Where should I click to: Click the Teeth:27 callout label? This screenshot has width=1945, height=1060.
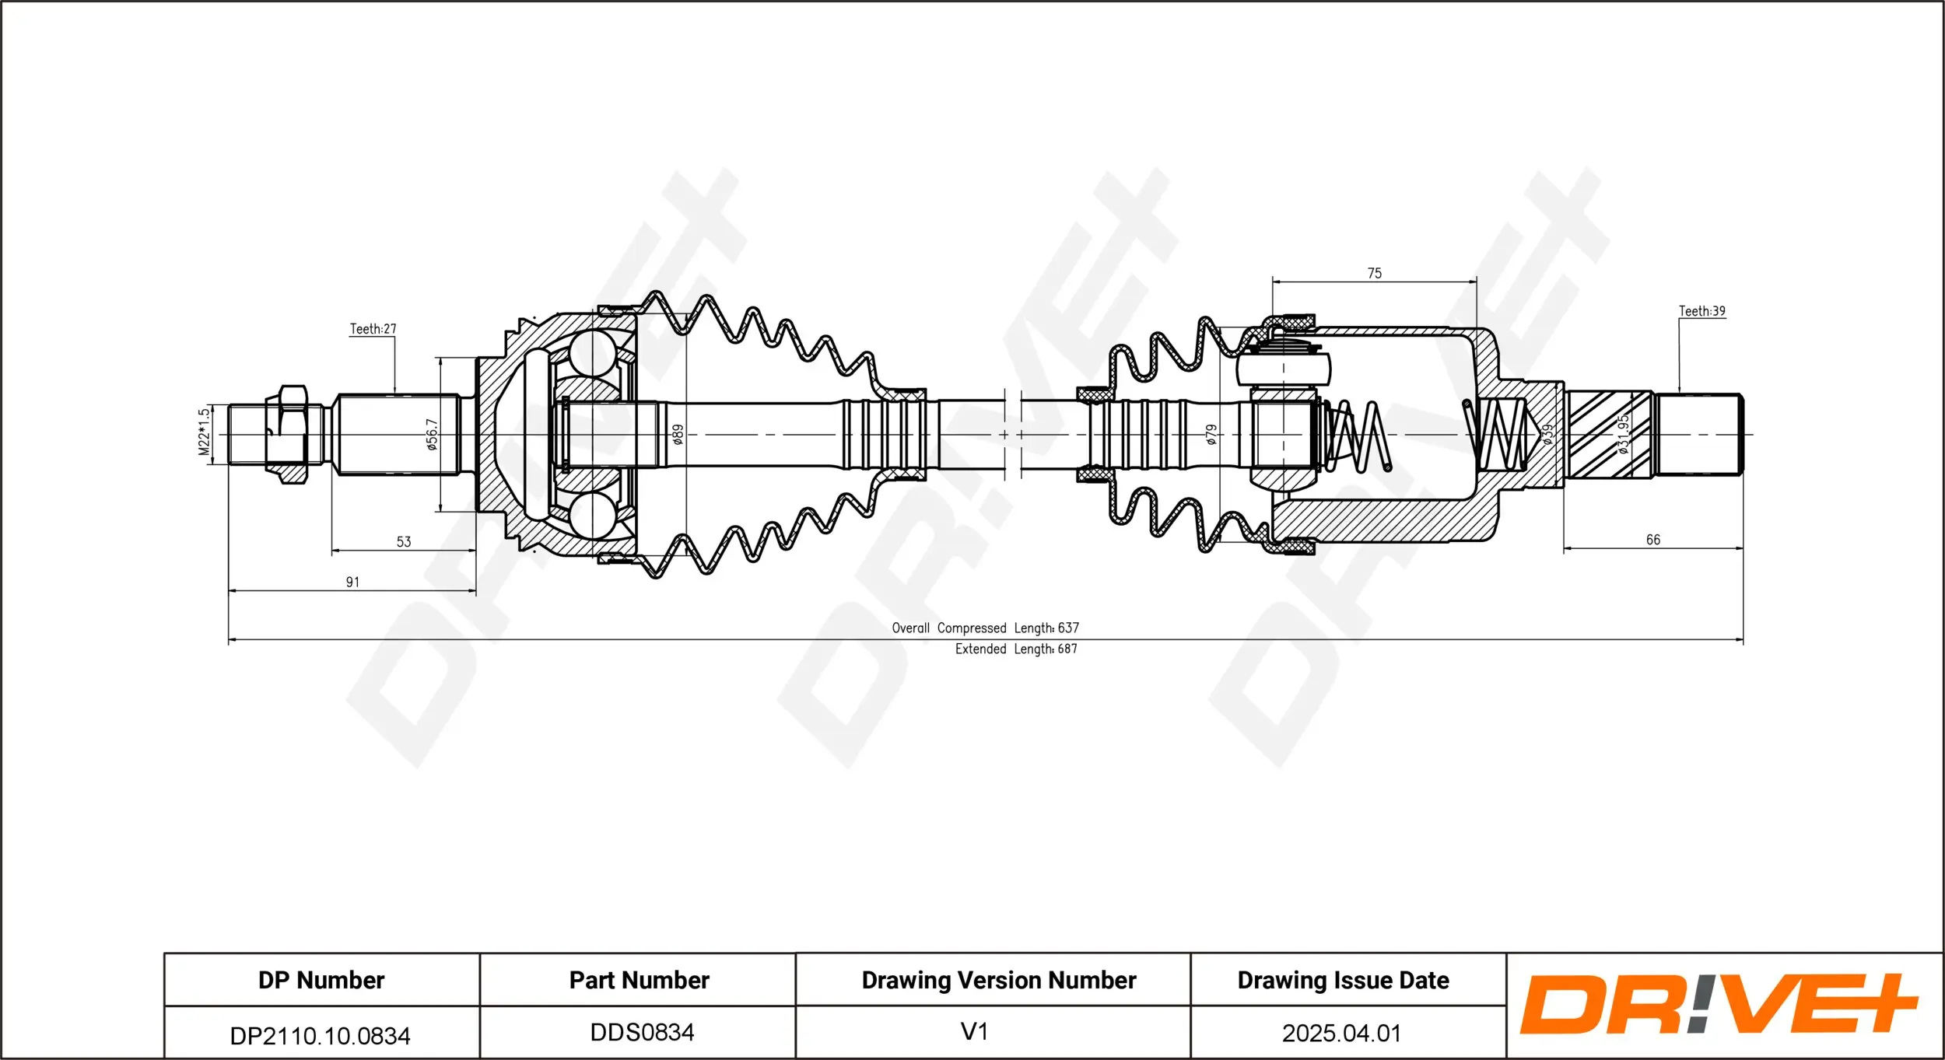point(373,329)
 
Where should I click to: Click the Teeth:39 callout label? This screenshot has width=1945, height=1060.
point(1701,311)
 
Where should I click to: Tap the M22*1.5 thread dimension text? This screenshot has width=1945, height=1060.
point(204,432)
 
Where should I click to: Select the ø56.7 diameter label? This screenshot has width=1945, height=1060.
point(433,435)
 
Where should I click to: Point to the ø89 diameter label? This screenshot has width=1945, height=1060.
point(678,434)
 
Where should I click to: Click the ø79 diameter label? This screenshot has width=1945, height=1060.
point(1211,435)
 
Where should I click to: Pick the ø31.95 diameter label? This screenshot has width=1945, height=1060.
point(1623,434)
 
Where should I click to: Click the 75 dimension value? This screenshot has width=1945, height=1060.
point(1375,274)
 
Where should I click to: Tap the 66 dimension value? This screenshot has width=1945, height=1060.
point(1653,540)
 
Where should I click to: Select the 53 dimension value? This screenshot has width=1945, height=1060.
point(404,542)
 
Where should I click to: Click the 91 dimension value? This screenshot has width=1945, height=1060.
point(352,582)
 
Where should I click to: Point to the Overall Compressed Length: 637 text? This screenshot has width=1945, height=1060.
point(985,628)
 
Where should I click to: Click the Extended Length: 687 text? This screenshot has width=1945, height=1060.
point(1016,649)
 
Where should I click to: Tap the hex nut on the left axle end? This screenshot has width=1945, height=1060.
point(286,435)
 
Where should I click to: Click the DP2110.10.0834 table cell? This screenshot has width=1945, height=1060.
point(320,1036)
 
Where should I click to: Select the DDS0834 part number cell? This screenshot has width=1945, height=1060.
point(642,1033)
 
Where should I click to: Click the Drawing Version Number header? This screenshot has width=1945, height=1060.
point(998,980)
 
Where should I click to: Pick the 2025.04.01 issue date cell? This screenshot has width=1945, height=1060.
point(1341,1034)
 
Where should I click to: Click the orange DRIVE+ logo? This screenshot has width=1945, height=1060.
point(1719,1004)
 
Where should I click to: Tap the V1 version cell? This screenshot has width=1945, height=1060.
point(974,1032)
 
